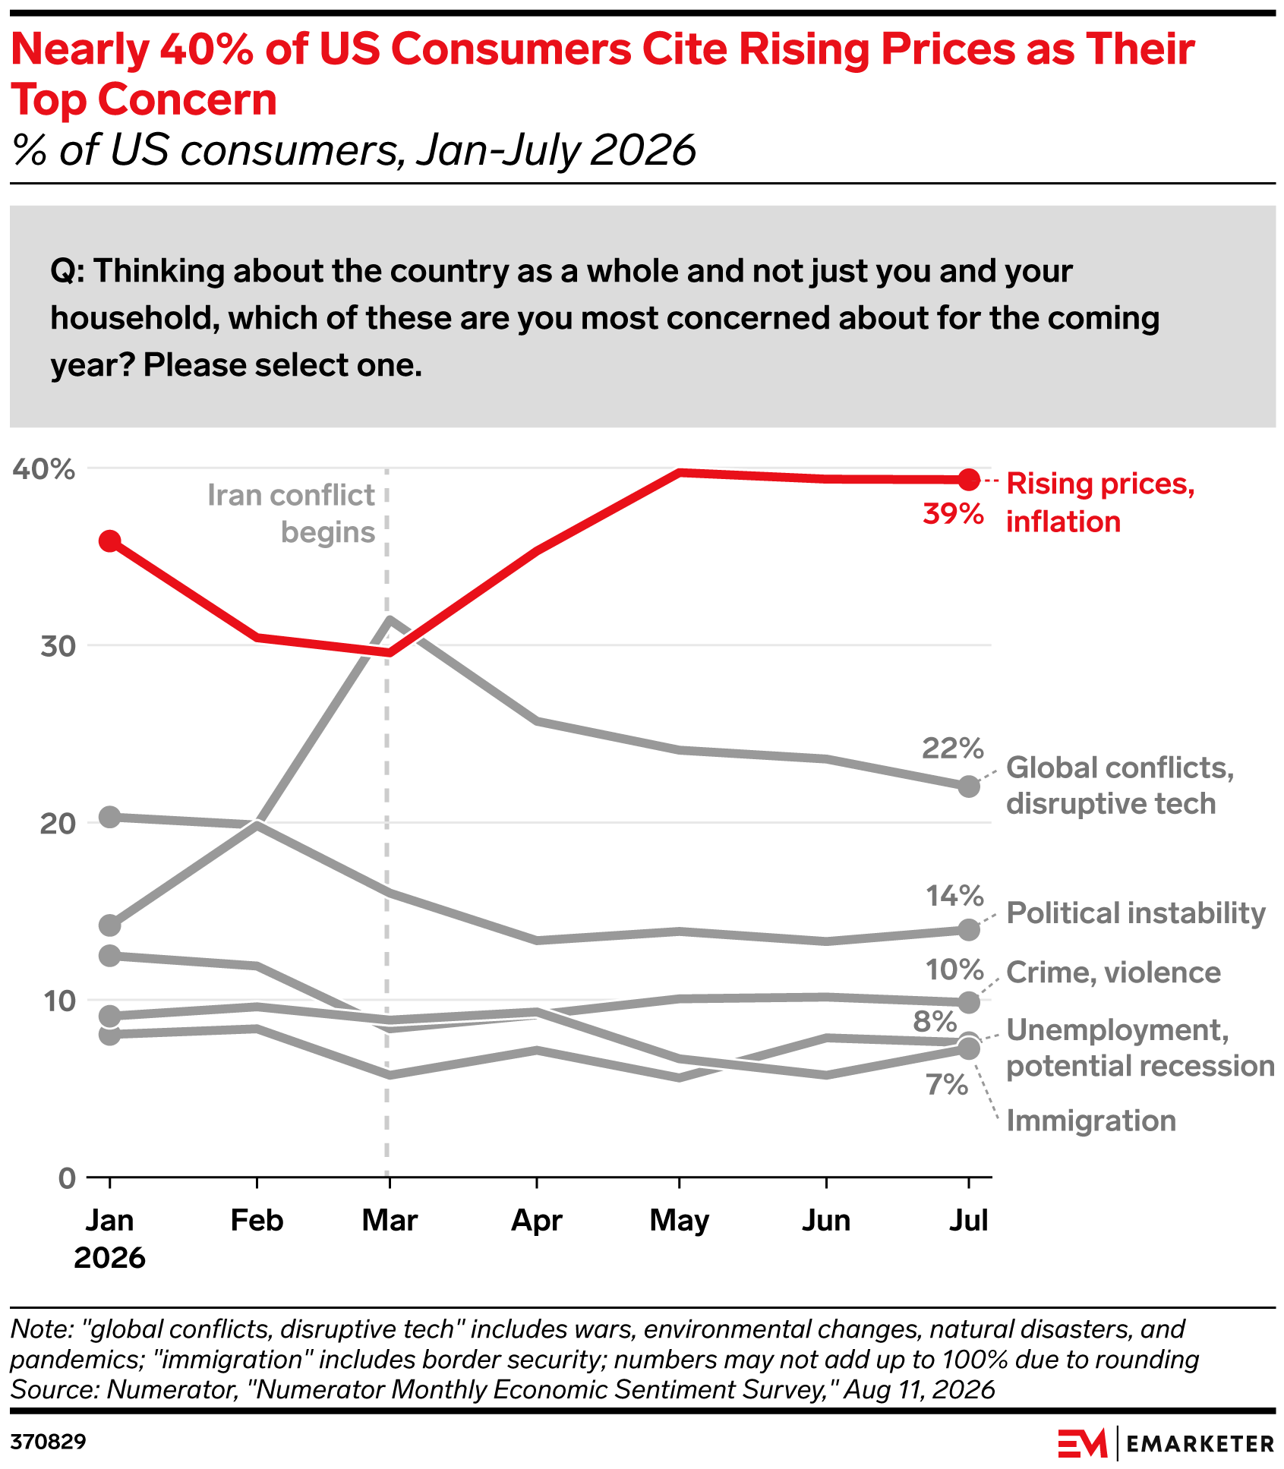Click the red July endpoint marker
click(x=968, y=479)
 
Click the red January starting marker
click(x=110, y=541)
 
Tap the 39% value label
click(x=953, y=514)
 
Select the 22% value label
click(x=953, y=748)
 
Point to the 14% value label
click(x=954, y=896)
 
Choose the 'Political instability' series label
click(x=1136, y=913)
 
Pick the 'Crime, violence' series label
click(x=1113, y=972)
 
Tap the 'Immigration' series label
click(x=1091, y=1121)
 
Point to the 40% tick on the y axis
click(x=43, y=469)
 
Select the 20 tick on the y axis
click(x=58, y=824)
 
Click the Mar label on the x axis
click(x=390, y=1220)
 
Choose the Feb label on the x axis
click(x=257, y=1220)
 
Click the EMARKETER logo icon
click(x=1083, y=1442)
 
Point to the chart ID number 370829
click(x=49, y=1441)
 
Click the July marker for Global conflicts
click(x=968, y=786)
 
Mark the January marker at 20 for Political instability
click(x=110, y=817)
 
